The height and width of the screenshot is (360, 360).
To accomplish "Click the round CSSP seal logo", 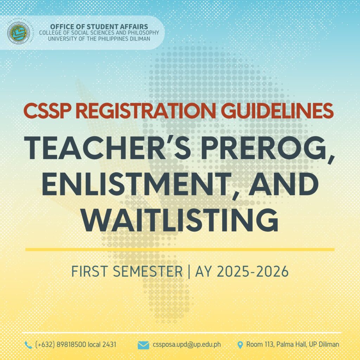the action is [x=18, y=33].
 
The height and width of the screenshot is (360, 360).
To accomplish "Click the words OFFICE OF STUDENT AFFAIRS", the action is [x=99, y=27].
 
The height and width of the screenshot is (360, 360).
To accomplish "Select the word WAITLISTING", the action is [x=180, y=220].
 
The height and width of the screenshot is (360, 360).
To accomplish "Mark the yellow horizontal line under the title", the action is [x=180, y=249].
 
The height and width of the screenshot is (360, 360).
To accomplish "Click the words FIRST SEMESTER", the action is [x=127, y=271].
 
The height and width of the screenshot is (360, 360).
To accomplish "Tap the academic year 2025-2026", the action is [x=253, y=271].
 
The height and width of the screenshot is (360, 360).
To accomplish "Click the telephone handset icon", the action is [x=28, y=345].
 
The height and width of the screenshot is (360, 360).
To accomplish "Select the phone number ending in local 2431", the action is [x=76, y=345].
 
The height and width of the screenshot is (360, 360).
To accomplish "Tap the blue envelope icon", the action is [x=143, y=345].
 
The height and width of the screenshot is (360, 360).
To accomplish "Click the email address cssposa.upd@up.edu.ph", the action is [x=187, y=345].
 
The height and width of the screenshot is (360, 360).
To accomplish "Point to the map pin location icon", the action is [x=240, y=345].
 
